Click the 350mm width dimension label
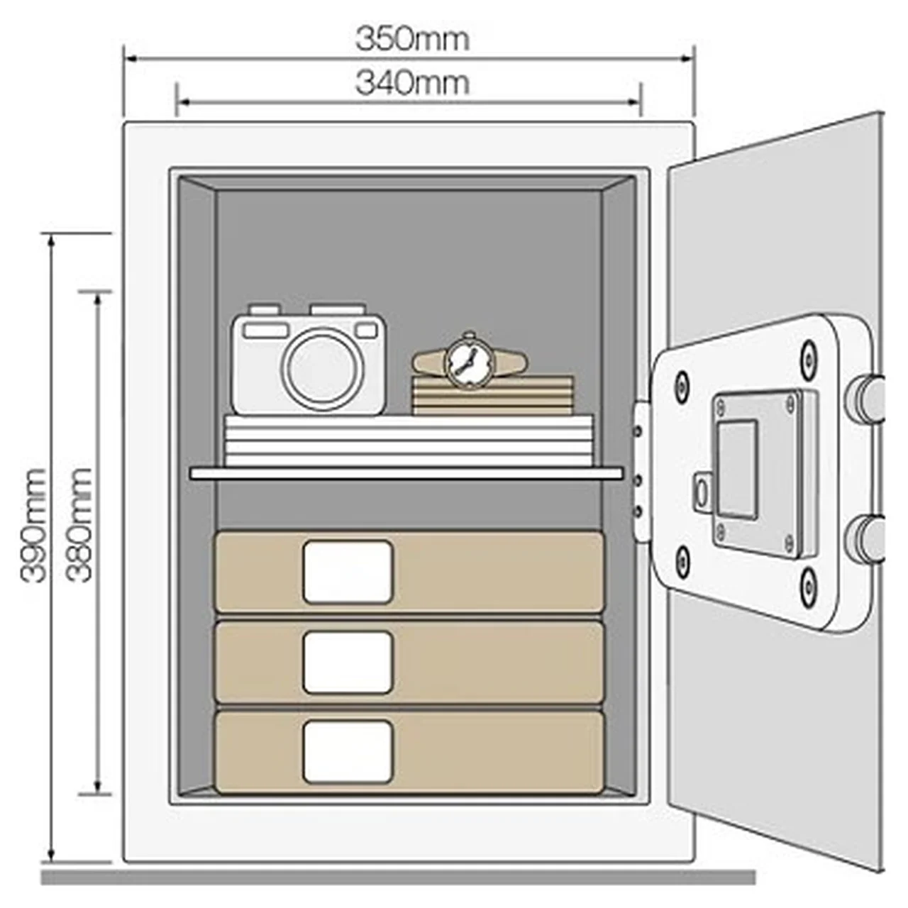click(x=413, y=40)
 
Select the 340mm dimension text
click(x=413, y=83)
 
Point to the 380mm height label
click(x=78, y=525)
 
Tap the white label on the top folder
click(x=348, y=572)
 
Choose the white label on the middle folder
click(x=348, y=663)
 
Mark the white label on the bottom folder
click(x=348, y=752)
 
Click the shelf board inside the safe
click(x=406, y=474)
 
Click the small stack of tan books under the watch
click(x=493, y=395)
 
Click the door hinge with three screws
click(x=641, y=471)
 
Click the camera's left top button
click(x=265, y=309)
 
